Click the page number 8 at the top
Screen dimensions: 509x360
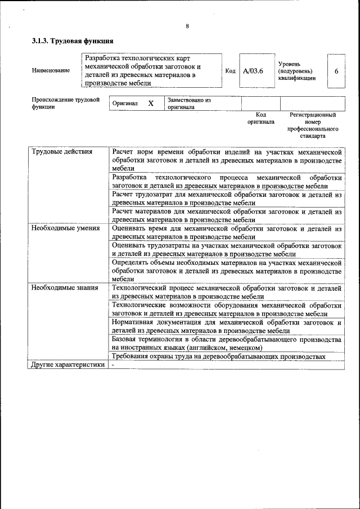[x=187, y=26]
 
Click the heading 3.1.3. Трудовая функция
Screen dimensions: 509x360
[x=73, y=41]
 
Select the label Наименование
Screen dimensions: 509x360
[x=51, y=70]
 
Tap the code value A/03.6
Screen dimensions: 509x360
[x=253, y=71]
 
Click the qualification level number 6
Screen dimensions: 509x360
[x=336, y=71]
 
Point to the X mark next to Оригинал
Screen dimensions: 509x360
[x=151, y=103]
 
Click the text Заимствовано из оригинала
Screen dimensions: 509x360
[x=189, y=103]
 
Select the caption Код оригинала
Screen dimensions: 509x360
[x=260, y=118]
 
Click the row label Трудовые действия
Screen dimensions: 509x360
[x=62, y=152]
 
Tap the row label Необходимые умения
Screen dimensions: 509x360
[x=66, y=228]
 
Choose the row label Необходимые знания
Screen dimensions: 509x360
[x=65, y=288]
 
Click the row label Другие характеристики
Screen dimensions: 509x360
[x=68, y=364]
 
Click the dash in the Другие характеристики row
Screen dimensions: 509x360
[x=113, y=364]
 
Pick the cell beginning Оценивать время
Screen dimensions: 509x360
[x=227, y=233]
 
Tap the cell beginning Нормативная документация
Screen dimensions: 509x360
[x=227, y=327]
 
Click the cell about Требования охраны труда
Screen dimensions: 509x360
[x=218, y=356]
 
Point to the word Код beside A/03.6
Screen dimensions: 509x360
[x=230, y=71]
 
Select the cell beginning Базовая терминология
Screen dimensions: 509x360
[x=227, y=344]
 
